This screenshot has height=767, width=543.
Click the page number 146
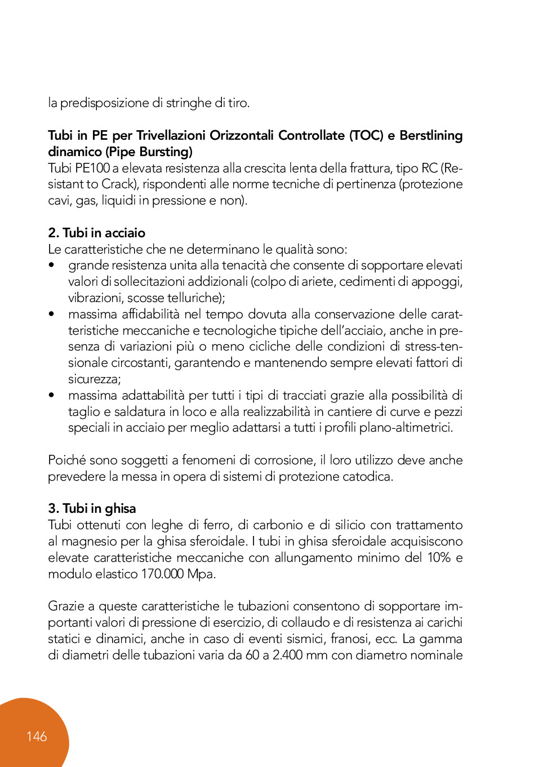tap(37, 737)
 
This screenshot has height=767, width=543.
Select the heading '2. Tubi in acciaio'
tap(97, 233)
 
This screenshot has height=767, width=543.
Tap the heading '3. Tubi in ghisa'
tap(92, 508)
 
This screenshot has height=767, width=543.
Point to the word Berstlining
tap(431, 135)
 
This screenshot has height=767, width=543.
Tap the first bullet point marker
tap(52, 265)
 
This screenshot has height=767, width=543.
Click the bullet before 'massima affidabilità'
tap(52, 314)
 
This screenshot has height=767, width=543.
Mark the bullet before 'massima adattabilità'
tap(52, 396)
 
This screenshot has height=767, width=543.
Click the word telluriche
tap(195, 298)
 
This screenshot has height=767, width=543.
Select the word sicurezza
tap(94, 379)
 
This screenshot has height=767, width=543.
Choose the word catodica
tap(368, 477)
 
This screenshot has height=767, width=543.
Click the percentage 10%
tap(439, 557)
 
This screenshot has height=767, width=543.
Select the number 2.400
tap(287, 655)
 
